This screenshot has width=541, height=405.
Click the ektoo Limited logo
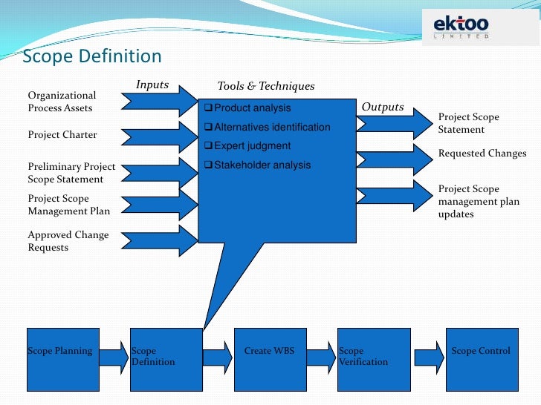(x=461, y=28)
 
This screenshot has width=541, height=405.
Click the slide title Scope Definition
(x=92, y=57)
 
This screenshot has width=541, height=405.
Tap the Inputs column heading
(x=152, y=85)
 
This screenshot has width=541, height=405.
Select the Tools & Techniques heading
(x=265, y=87)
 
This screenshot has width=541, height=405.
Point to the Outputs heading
(x=382, y=107)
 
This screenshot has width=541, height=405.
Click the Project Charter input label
(x=62, y=135)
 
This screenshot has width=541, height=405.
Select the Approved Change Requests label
(x=68, y=241)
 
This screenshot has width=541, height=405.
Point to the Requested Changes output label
(x=482, y=154)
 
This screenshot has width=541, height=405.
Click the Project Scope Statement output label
(x=468, y=123)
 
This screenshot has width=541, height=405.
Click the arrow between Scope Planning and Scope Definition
(x=114, y=357)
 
